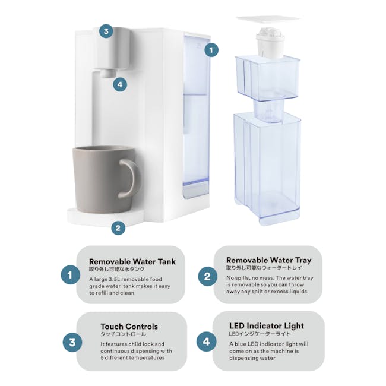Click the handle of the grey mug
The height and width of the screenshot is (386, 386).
click(131, 178)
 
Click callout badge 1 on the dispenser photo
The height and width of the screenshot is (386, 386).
click(211, 50)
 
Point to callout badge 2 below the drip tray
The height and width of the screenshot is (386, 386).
click(118, 227)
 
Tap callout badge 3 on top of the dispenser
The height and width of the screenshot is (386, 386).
click(106, 31)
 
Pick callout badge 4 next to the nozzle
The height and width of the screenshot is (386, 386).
click(120, 84)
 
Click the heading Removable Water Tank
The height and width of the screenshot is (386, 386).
click(132, 261)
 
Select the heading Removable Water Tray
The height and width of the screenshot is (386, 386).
click(268, 260)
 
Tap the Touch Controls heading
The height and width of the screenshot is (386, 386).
click(129, 326)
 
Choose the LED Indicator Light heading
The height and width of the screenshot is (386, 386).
click(266, 325)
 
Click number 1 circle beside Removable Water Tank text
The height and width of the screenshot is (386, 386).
click(70, 275)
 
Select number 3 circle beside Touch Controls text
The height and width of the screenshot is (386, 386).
click(72, 343)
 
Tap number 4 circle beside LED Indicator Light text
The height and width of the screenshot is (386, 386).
click(207, 341)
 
